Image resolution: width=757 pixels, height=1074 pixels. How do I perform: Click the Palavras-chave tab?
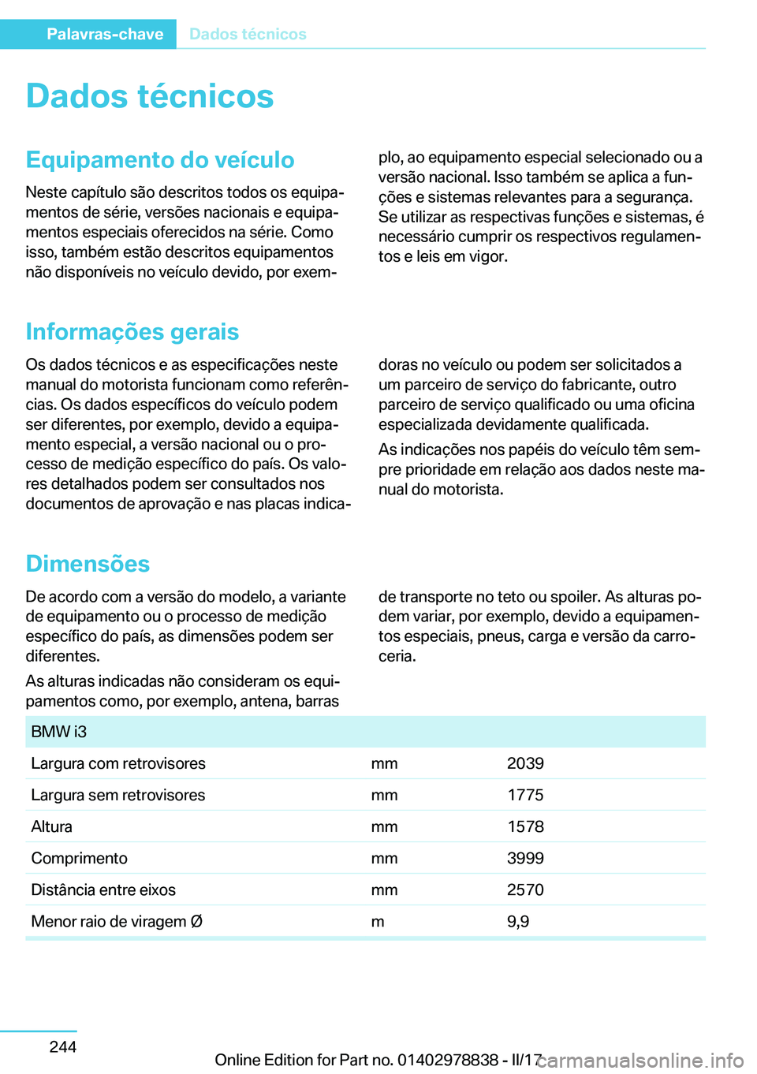tap(104, 34)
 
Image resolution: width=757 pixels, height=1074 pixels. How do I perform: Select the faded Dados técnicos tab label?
tap(248, 34)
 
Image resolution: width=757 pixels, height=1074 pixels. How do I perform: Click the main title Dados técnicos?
tap(150, 96)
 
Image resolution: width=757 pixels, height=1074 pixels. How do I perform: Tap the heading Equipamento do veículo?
tap(160, 160)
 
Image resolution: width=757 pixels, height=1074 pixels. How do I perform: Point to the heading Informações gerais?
tap(132, 332)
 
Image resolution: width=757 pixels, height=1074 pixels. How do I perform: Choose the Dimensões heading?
tap(88, 564)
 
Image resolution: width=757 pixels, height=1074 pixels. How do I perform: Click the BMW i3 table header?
tap(59, 732)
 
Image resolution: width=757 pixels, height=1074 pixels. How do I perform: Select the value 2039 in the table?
tap(525, 763)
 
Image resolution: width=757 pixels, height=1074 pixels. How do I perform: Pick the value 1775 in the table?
tap(525, 795)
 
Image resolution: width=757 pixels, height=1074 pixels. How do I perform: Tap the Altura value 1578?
tap(525, 826)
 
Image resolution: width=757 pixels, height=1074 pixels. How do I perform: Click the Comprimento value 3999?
tap(525, 858)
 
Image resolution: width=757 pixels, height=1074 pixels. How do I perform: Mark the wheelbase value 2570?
tap(525, 889)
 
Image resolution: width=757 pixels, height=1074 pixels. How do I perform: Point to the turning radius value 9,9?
tap(518, 921)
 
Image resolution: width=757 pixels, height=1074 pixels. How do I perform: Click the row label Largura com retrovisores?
tap(118, 763)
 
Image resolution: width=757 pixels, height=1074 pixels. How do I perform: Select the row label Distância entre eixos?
tap(103, 889)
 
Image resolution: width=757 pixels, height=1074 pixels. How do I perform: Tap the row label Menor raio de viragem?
tap(117, 921)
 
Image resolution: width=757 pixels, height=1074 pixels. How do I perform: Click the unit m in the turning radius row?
tap(378, 921)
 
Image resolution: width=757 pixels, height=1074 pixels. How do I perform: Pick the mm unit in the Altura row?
tap(384, 826)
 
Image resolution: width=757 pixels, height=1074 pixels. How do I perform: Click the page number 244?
tap(63, 1046)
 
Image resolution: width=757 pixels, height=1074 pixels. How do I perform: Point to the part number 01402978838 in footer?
tap(448, 1060)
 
